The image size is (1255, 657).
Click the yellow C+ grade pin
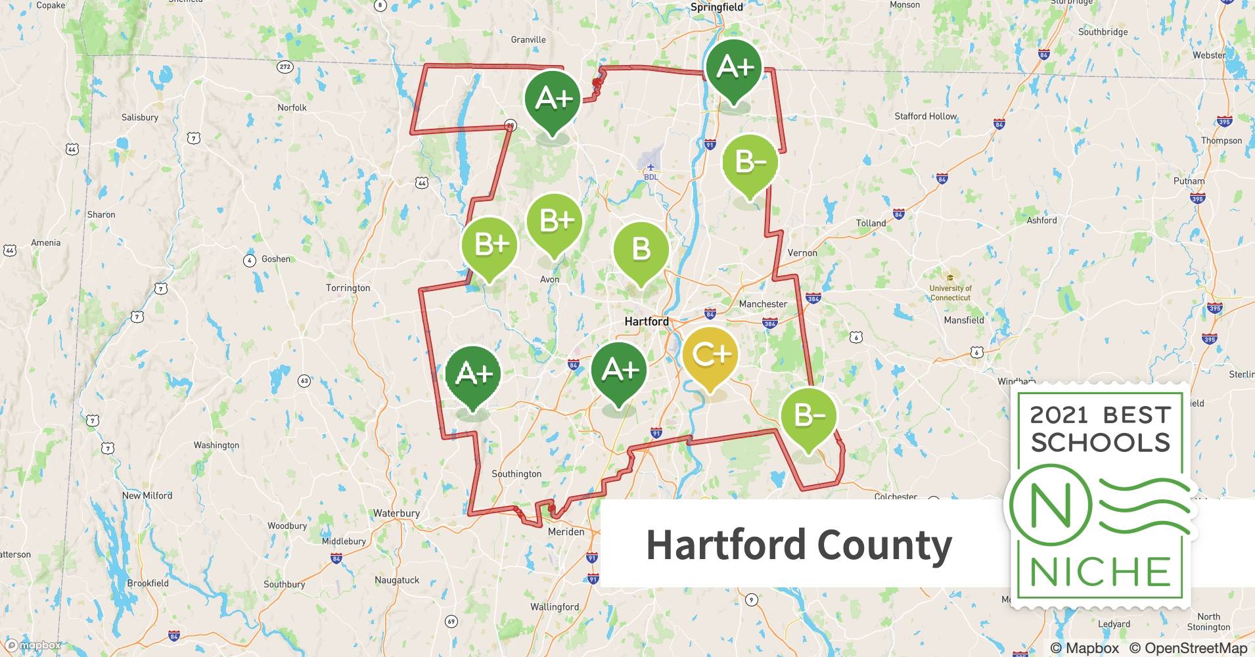tap(710, 355)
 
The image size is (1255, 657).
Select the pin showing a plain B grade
tap(641, 250)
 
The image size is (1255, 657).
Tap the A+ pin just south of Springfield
tap(734, 67)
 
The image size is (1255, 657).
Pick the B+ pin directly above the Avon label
tap(555, 221)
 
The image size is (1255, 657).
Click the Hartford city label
tap(647, 321)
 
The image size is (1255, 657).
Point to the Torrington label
tap(348, 288)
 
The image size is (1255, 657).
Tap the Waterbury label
tap(396, 513)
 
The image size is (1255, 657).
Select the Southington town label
tap(516, 474)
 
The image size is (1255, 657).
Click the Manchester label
tap(763, 304)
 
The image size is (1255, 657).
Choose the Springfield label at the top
tap(717, 7)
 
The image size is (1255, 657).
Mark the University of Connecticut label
tap(950, 292)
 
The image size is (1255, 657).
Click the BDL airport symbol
tap(650, 168)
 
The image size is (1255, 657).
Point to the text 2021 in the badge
tap(1059, 415)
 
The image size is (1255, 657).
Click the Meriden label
tap(566, 532)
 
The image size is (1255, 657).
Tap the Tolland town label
tap(871, 223)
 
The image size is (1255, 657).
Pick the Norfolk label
tap(292, 107)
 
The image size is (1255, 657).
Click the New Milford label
tap(147, 495)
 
